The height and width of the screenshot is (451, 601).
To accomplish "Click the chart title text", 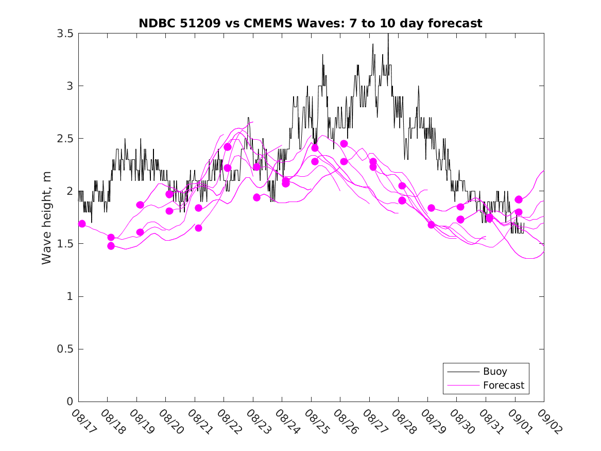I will (311, 23).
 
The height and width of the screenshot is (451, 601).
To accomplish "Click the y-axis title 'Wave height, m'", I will (47, 218).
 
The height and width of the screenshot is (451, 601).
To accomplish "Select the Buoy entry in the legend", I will (494, 372).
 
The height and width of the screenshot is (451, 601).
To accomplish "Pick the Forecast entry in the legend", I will (503, 385).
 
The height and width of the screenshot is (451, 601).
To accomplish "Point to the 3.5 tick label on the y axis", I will (65, 33).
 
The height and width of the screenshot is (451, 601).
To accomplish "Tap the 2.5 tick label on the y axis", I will (65, 139).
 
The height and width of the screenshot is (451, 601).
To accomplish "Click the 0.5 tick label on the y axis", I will (65, 349).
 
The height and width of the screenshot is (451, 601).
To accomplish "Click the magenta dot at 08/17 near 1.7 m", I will (82, 224).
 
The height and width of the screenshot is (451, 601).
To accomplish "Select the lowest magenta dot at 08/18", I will (111, 246).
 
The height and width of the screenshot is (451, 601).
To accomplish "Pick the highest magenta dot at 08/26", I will (344, 144).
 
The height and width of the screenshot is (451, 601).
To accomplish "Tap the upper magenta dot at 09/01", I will (519, 199).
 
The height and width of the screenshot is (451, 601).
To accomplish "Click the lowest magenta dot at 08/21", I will (198, 228).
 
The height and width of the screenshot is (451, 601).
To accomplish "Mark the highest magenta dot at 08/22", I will (228, 147).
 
